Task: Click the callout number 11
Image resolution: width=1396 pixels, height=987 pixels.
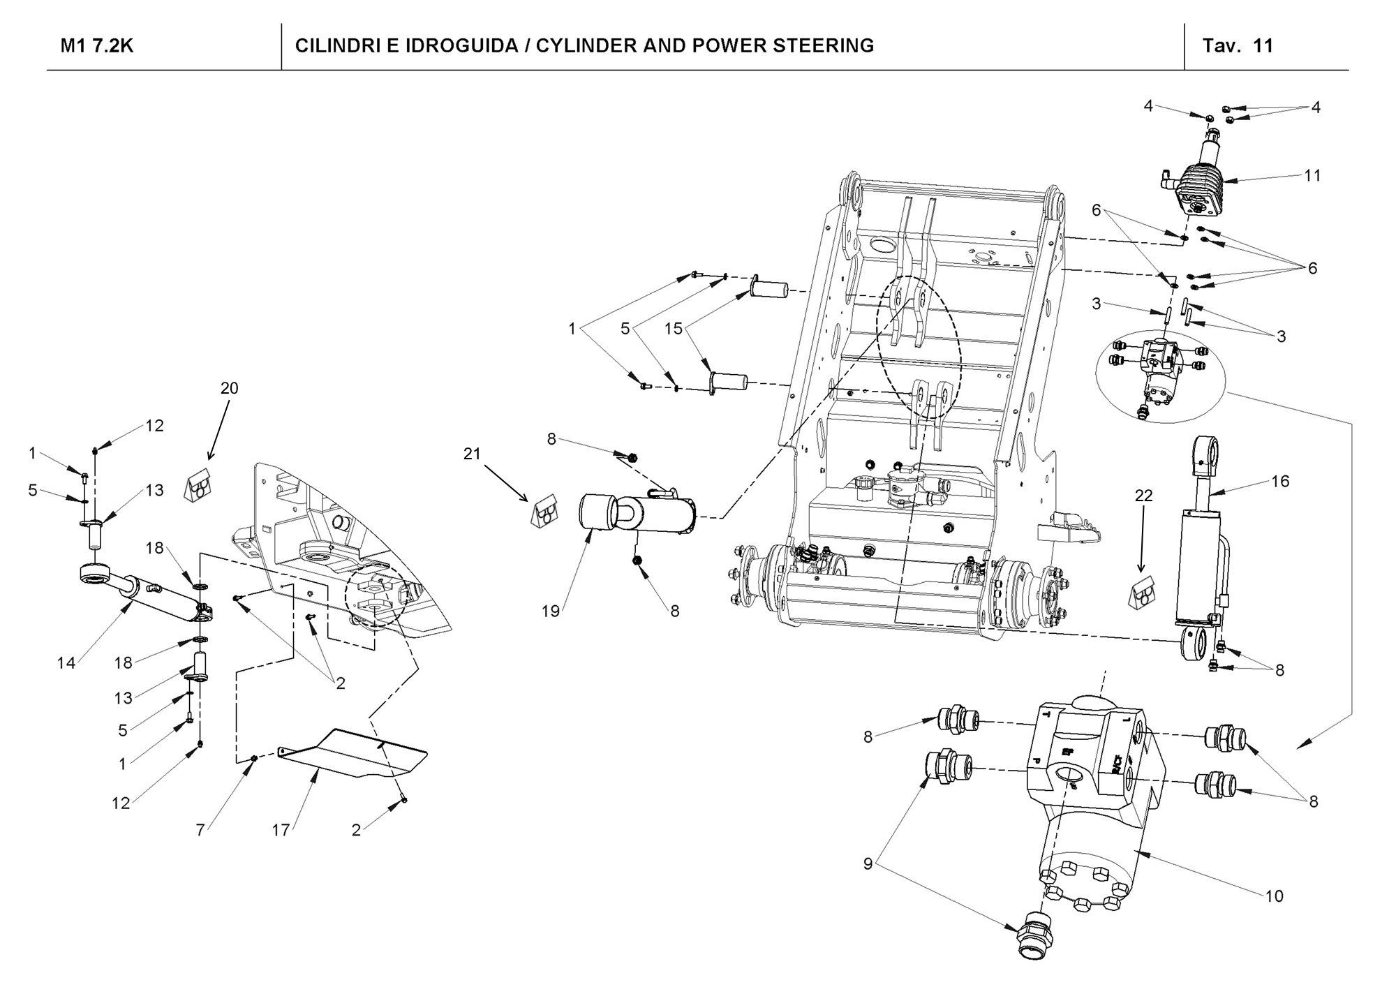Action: [x=1312, y=175]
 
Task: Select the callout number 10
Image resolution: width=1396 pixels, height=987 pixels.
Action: [x=1274, y=896]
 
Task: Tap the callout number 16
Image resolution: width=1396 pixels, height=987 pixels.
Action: [x=1280, y=481]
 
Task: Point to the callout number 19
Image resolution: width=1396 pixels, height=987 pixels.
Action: [x=551, y=611]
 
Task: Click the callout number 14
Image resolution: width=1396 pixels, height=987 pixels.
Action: [x=66, y=663]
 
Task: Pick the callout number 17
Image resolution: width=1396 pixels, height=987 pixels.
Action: [x=281, y=831]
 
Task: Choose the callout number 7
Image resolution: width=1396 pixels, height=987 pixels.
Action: [x=200, y=831]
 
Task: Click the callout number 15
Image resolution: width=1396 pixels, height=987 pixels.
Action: [x=674, y=329]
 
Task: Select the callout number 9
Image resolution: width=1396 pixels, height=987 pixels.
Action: [x=868, y=864]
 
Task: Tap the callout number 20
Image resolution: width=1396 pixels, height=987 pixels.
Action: [x=229, y=388]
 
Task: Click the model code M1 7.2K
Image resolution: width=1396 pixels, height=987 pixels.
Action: [x=97, y=46]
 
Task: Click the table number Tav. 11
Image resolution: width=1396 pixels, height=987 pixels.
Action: [x=1238, y=46]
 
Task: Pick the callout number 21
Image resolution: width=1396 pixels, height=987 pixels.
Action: [x=473, y=454]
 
